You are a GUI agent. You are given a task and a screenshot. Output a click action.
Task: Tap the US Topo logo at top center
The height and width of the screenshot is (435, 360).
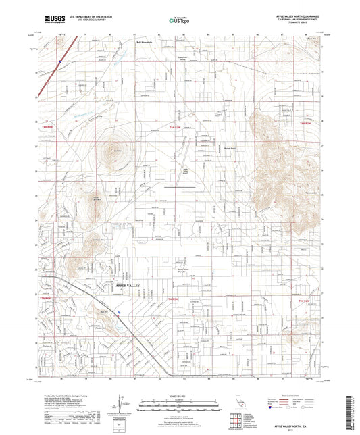point(178,20)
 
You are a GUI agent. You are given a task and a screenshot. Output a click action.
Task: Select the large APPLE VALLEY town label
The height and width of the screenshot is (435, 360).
point(121,286)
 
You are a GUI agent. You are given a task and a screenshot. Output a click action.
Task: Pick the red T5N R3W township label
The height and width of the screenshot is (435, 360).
point(174,298)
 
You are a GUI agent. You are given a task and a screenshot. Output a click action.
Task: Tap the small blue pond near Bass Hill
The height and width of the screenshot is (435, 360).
point(118,312)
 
